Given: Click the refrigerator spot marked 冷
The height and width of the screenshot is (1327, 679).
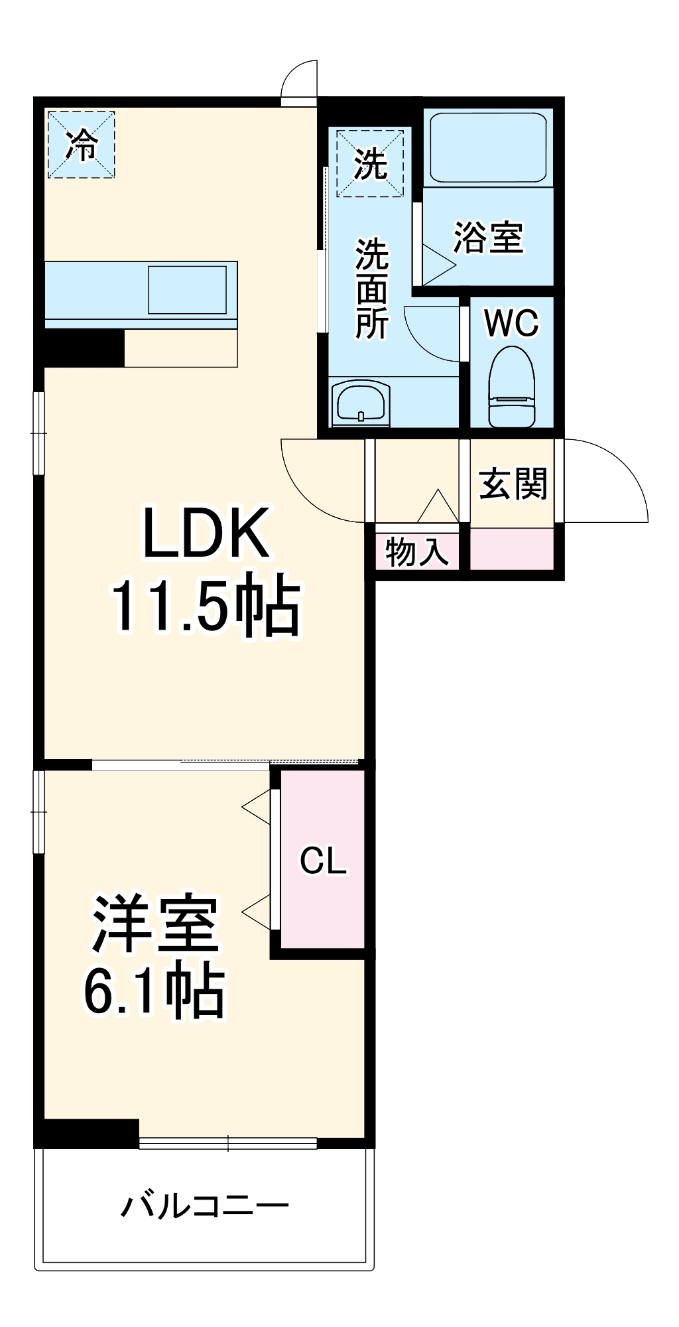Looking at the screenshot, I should click(x=81, y=145).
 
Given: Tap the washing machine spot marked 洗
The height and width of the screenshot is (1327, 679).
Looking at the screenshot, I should click(x=370, y=163).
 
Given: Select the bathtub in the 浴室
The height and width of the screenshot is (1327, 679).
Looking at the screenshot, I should click(x=488, y=147).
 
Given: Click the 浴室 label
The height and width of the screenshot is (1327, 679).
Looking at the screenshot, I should click(x=488, y=237).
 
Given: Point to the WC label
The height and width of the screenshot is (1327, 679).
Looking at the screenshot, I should click(x=511, y=323).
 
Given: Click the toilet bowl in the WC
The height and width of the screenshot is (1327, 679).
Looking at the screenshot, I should click(x=511, y=387).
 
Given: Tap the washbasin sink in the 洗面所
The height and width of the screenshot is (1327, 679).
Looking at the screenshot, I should click(x=360, y=402).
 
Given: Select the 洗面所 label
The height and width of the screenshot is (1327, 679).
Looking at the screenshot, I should click(x=371, y=289).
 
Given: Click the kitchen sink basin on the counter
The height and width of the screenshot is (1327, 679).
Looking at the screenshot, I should click(x=187, y=290).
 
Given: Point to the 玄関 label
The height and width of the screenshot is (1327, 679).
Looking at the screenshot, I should click(x=513, y=484).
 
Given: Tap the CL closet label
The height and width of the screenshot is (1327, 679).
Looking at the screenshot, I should click(x=323, y=861).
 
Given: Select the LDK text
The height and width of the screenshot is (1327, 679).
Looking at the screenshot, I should click(x=206, y=533).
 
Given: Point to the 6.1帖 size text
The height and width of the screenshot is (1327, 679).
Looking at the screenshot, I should click(x=154, y=993).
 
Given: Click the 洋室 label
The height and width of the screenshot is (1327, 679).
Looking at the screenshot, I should click(x=155, y=924).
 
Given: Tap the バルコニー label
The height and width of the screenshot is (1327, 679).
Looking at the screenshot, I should click(x=204, y=1206).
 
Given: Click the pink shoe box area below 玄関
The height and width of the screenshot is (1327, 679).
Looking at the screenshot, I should click(x=512, y=549).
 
